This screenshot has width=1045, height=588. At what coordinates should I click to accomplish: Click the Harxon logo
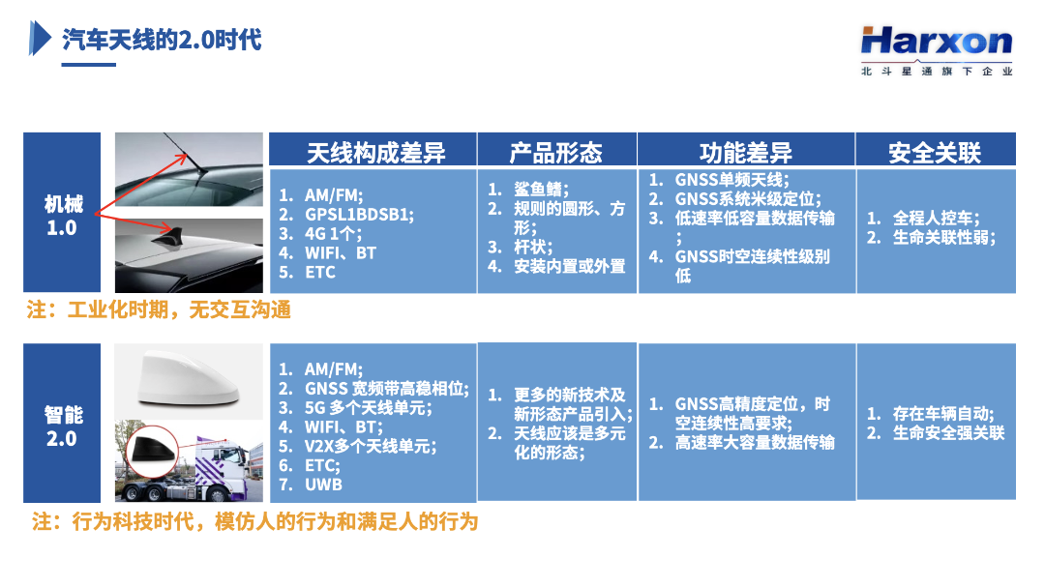tap(937, 50)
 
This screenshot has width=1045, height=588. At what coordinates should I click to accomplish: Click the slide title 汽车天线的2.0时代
tap(162, 40)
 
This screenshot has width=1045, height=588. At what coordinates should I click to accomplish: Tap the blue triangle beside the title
tap(40, 38)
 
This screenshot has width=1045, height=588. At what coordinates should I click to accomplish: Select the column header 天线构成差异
tap(375, 153)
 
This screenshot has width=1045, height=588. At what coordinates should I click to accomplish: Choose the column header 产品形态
tap(555, 153)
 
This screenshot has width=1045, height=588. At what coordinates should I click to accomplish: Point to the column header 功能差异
tap(746, 153)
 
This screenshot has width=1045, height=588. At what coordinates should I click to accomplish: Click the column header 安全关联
tap(935, 153)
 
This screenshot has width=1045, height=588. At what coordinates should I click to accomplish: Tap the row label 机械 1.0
tap(63, 215)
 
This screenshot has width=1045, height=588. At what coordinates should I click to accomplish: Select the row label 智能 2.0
tap(63, 426)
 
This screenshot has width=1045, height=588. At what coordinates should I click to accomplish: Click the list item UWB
tap(323, 485)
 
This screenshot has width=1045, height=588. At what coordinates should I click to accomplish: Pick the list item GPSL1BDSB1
tap(360, 215)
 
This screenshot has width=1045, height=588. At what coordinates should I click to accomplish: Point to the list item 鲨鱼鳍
tap(541, 190)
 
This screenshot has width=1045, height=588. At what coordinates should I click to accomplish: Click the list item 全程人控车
tap(937, 218)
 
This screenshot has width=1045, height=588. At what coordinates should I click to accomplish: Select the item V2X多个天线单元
tap(371, 446)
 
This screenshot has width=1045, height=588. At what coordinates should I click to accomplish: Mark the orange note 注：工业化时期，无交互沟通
tap(159, 309)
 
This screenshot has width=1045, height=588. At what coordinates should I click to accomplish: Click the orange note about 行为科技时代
tap(254, 520)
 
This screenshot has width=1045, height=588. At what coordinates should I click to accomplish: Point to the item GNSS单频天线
tap(731, 179)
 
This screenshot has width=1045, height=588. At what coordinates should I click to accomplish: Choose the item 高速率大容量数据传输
tap(755, 442)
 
